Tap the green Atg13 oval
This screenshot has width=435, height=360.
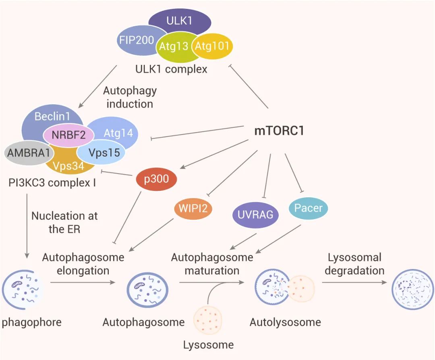[174, 46]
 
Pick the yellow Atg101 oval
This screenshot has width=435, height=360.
[212, 46]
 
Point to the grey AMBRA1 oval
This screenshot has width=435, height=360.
[25, 154]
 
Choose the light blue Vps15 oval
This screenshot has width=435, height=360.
[101, 153]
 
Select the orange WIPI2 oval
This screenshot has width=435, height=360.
[193, 208]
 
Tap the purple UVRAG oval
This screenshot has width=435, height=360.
[255, 214]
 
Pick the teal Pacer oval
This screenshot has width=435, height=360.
[308, 208]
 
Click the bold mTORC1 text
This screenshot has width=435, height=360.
[279, 131]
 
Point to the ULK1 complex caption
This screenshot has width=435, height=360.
[171, 69]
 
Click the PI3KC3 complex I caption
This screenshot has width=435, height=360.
[52, 182]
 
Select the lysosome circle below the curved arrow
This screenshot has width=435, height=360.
[208, 320]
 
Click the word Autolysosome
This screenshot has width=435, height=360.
[285, 322]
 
